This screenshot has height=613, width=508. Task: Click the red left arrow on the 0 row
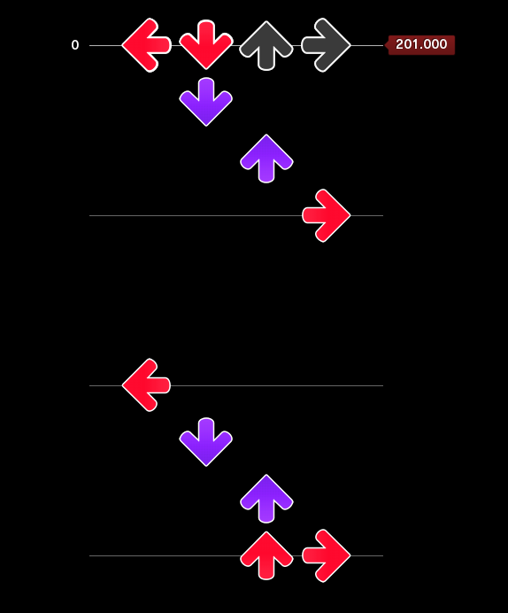pos(147,45)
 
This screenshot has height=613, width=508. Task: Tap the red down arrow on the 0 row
pos(206,45)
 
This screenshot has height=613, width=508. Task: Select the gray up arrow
pos(266,45)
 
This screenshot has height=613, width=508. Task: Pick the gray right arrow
pos(326,45)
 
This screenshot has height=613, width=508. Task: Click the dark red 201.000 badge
pos(420,45)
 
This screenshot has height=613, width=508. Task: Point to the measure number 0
pos(75,45)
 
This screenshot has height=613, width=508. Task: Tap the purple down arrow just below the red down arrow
pos(206,102)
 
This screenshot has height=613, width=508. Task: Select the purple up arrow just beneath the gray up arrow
pos(266,159)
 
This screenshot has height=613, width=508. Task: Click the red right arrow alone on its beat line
pos(326,215)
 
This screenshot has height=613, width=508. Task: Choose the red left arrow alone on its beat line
pos(147,385)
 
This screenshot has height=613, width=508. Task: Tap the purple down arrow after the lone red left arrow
pos(206,442)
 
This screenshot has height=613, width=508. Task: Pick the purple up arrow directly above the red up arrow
pos(266,499)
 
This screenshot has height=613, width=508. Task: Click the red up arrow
pos(266,555)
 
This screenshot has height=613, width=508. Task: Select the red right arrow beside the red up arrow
pos(326,555)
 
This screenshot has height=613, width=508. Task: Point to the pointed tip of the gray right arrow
pos(350,45)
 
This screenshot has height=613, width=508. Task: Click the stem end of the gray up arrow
pos(266,69)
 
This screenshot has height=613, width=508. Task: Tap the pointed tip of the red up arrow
pos(266,532)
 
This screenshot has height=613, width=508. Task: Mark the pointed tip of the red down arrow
pos(206,69)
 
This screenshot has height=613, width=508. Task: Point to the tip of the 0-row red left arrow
pos(123,45)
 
